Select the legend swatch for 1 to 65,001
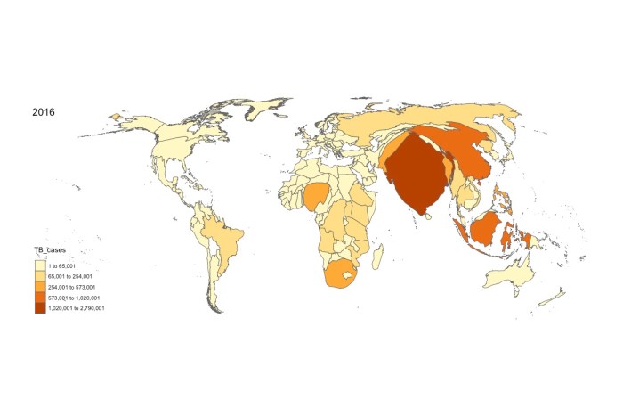coord(40,265)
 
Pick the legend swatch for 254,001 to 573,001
coord(40,287)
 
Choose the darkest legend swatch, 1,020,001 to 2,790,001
coord(40,308)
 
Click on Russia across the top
coord(445,120)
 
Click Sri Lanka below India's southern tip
coord(428,216)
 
